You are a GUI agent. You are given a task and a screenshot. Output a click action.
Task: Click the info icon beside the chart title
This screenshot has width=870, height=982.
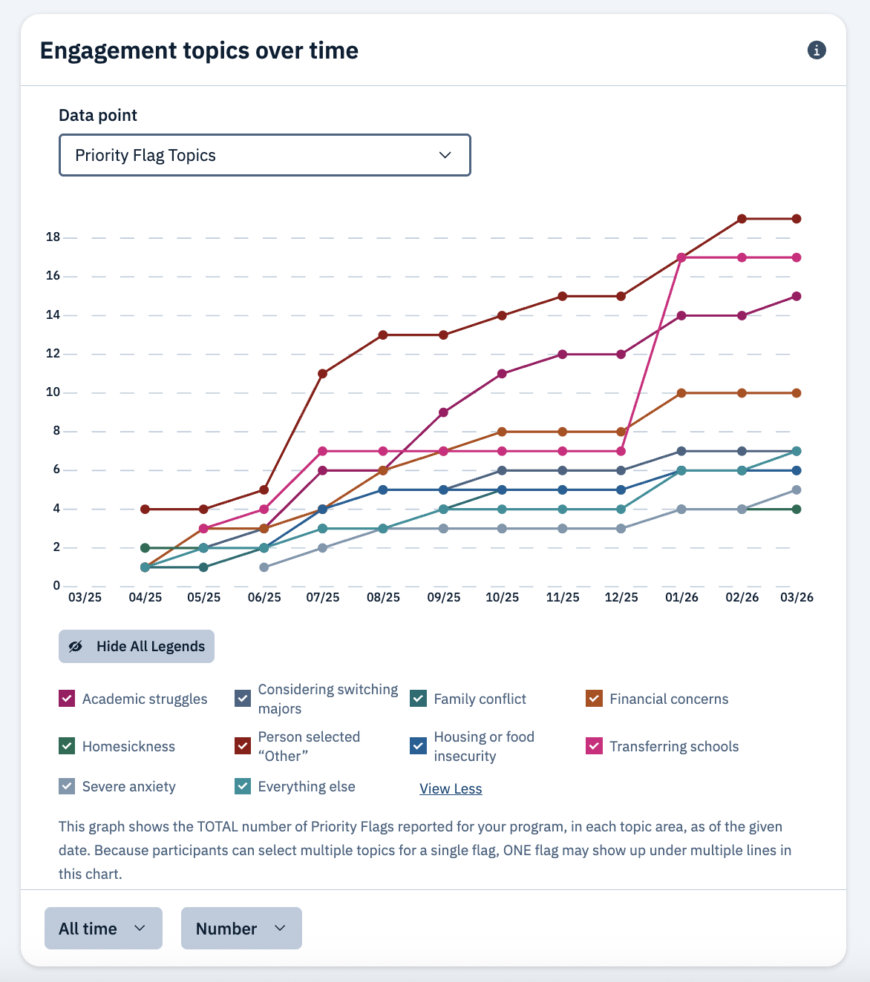[817, 50]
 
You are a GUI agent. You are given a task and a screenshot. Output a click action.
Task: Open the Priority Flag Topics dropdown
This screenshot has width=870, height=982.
[264, 155]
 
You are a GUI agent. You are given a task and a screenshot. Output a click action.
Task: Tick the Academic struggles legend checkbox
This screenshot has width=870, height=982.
[67, 699]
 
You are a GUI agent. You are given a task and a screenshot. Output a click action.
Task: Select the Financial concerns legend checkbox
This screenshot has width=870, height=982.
[594, 699]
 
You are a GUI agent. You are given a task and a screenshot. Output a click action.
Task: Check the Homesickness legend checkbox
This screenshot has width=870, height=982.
[67, 746]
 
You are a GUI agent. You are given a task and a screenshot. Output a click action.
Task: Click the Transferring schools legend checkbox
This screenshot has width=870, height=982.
[594, 746]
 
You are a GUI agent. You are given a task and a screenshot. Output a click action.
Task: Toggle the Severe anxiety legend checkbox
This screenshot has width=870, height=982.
[67, 786]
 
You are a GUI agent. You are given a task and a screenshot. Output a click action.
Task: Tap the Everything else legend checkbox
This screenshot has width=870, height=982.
[243, 786]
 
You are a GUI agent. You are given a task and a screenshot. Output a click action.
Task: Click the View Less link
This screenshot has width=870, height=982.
[451, 788]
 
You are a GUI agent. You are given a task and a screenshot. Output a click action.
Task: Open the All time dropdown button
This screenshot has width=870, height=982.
[103, 929]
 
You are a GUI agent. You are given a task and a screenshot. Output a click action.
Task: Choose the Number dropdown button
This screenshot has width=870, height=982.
[241, 929]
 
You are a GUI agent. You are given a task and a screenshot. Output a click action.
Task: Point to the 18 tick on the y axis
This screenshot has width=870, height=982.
[53, 237]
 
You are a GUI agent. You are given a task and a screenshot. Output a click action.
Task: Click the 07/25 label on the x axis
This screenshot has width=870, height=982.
[323, 597]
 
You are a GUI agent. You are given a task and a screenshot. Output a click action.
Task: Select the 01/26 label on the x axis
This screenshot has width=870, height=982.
[681, 597]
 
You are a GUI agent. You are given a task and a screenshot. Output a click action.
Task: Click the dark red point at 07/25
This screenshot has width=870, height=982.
[323, 374]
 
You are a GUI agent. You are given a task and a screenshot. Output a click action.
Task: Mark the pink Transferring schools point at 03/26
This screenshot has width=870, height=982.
[797, 257]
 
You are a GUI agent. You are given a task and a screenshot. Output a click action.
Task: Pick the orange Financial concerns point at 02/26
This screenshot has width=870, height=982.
[742, 393]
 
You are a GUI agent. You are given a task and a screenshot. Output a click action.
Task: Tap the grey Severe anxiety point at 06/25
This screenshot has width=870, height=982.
[264, 567]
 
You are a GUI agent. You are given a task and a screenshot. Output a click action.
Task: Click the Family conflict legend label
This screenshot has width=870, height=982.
[480, 699]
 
